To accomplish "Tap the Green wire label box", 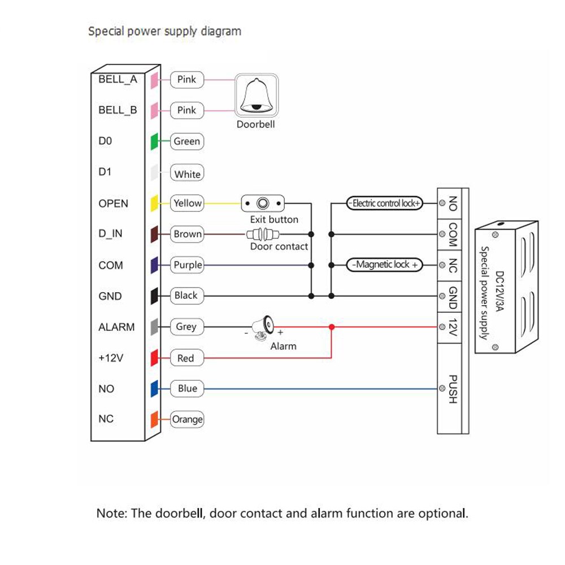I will point(187,141).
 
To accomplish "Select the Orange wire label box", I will point(187,419).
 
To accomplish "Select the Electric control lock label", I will point(384,203).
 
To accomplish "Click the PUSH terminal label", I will point(452,389).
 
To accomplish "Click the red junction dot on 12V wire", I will point(332,327).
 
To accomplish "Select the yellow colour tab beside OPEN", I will point(154,203).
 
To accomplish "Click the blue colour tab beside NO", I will point(154,389).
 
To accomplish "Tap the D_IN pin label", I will point(111,234).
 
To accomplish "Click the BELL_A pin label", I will point(118,79).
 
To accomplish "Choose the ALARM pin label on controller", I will point(116,327).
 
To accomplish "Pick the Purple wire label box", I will point(188,265).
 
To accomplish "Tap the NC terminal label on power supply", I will point(453,266).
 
